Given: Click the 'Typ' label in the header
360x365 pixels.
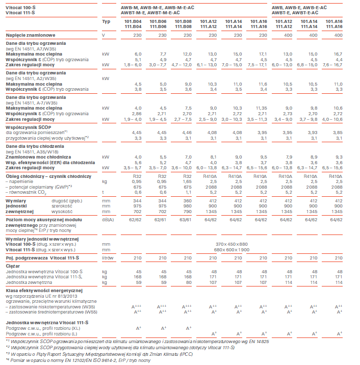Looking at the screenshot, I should coord(106,21).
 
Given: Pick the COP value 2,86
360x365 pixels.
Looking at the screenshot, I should coord(134,113).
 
